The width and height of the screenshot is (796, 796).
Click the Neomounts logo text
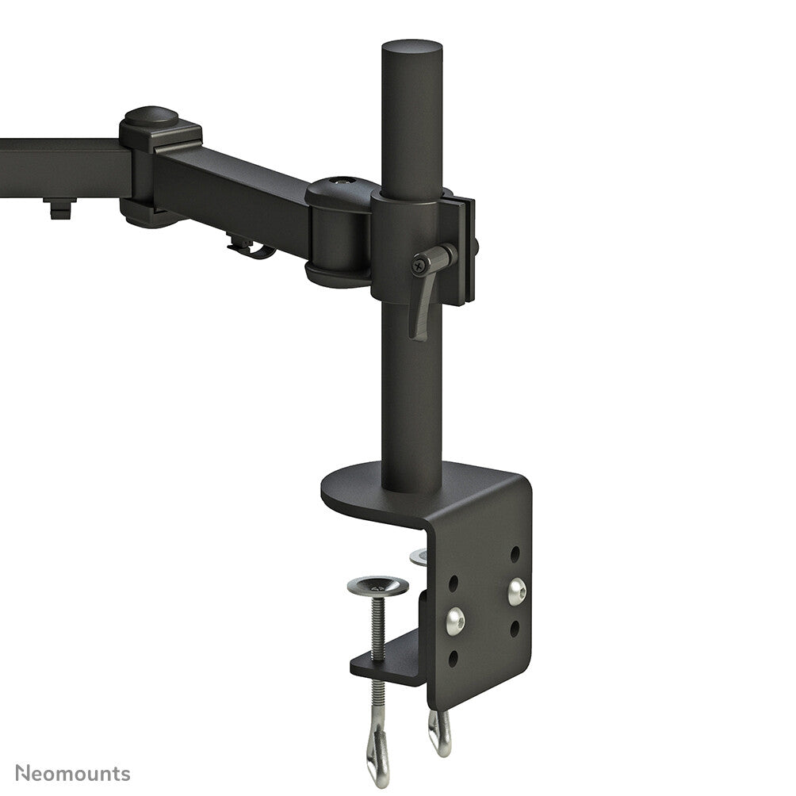72,773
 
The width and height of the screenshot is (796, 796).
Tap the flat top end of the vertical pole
411,47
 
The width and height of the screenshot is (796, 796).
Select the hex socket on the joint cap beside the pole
342,182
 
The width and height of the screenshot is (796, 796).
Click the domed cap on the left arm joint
151,115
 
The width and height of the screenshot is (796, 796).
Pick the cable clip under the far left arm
59,209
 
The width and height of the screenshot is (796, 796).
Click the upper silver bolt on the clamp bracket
516,591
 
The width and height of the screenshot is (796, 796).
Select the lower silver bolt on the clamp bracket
455,621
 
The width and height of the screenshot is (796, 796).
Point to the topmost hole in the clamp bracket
515,554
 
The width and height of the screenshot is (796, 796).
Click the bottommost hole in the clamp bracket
453,658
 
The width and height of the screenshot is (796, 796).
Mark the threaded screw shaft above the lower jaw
377,626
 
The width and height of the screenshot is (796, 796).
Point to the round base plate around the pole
357,492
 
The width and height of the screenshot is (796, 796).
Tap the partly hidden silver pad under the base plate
419,557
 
